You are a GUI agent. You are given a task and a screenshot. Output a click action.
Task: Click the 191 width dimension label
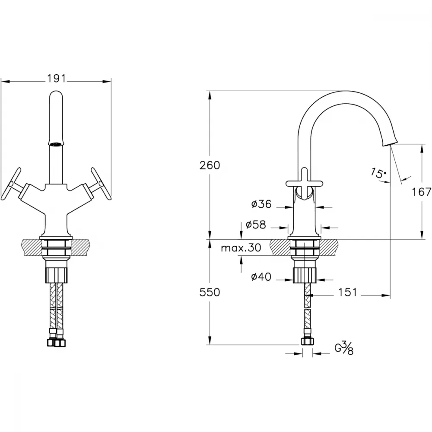coord(57,79)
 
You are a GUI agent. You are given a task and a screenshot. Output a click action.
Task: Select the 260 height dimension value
coord(210,165)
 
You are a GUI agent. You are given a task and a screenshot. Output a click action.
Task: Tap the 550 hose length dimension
coord(210,292)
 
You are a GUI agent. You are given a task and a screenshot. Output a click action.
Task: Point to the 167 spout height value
coord(422,192)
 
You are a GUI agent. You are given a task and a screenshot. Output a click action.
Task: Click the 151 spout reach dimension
coord(347,292)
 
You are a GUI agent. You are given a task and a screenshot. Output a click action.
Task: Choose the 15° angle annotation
coord(378,173)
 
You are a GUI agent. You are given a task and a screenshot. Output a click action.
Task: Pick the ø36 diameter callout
coord(261,204)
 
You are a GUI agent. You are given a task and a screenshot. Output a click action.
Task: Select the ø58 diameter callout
coord(256,225)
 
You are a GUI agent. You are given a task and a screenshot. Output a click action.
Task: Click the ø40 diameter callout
coord(261,276)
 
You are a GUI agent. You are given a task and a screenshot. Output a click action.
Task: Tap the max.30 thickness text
coord(241,248)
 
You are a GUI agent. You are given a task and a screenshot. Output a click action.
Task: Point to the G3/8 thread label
coord(344,348)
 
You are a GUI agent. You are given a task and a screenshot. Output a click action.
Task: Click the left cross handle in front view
coord(11,184)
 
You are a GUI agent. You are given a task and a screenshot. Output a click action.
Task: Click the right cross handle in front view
coord(101,184)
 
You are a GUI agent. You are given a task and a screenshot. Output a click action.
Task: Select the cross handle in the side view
coord(304,184)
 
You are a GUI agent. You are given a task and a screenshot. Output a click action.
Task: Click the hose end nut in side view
coord(307,341)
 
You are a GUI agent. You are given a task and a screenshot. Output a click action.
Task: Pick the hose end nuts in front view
coord(56,343)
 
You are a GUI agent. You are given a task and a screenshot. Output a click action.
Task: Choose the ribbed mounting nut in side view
coord(305,275)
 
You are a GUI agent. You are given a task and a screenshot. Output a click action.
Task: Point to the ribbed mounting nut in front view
coord(57,275)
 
